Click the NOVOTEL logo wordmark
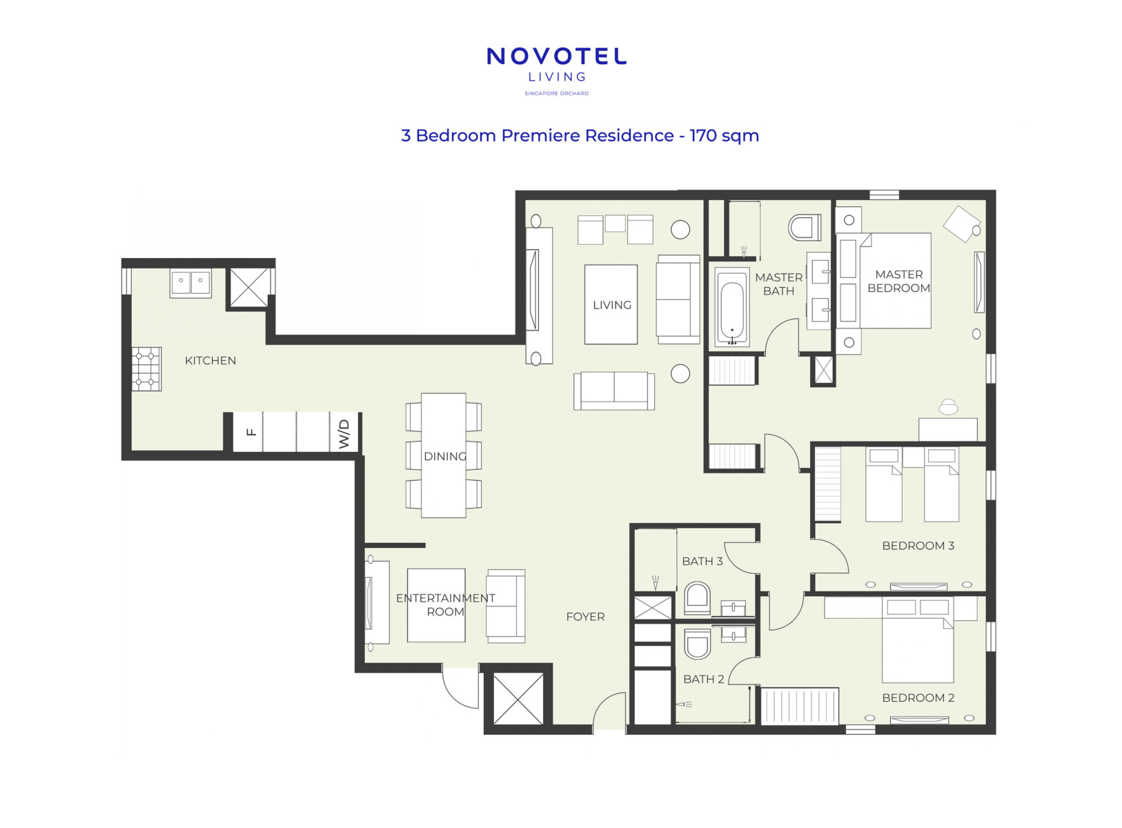[x=556, y=56]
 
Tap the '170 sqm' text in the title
[x=724, y=136]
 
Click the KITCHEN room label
[x=210, y=361]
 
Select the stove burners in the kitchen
[x=147, y=368]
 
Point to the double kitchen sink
[x=190, y=283]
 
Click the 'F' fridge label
[x=251, y=432]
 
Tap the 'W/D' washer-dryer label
[x=344, y=433]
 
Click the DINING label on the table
[x=445, y=456]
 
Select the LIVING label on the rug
[x=612, y=305]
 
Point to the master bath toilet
[x=805, y=227]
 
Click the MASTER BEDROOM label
[x=898, y=282]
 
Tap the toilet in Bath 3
[x=697, y=598]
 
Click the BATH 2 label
[x=704, y=679]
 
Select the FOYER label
[x=585, y=617]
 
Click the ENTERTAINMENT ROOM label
[x=445, y=605]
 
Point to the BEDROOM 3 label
[x=918, y=546]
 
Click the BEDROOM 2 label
[x=918, y=698]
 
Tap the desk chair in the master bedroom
[x=948, y=406]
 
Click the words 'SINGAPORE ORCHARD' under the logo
[x=556, y=94]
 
